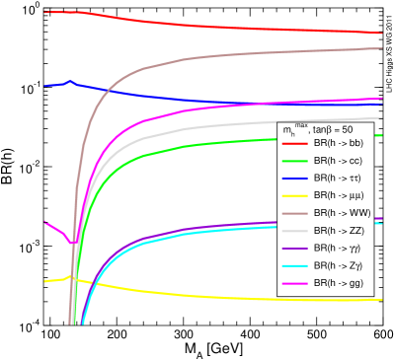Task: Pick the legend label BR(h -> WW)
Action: point(341,213)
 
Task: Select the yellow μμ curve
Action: point(197,293)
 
